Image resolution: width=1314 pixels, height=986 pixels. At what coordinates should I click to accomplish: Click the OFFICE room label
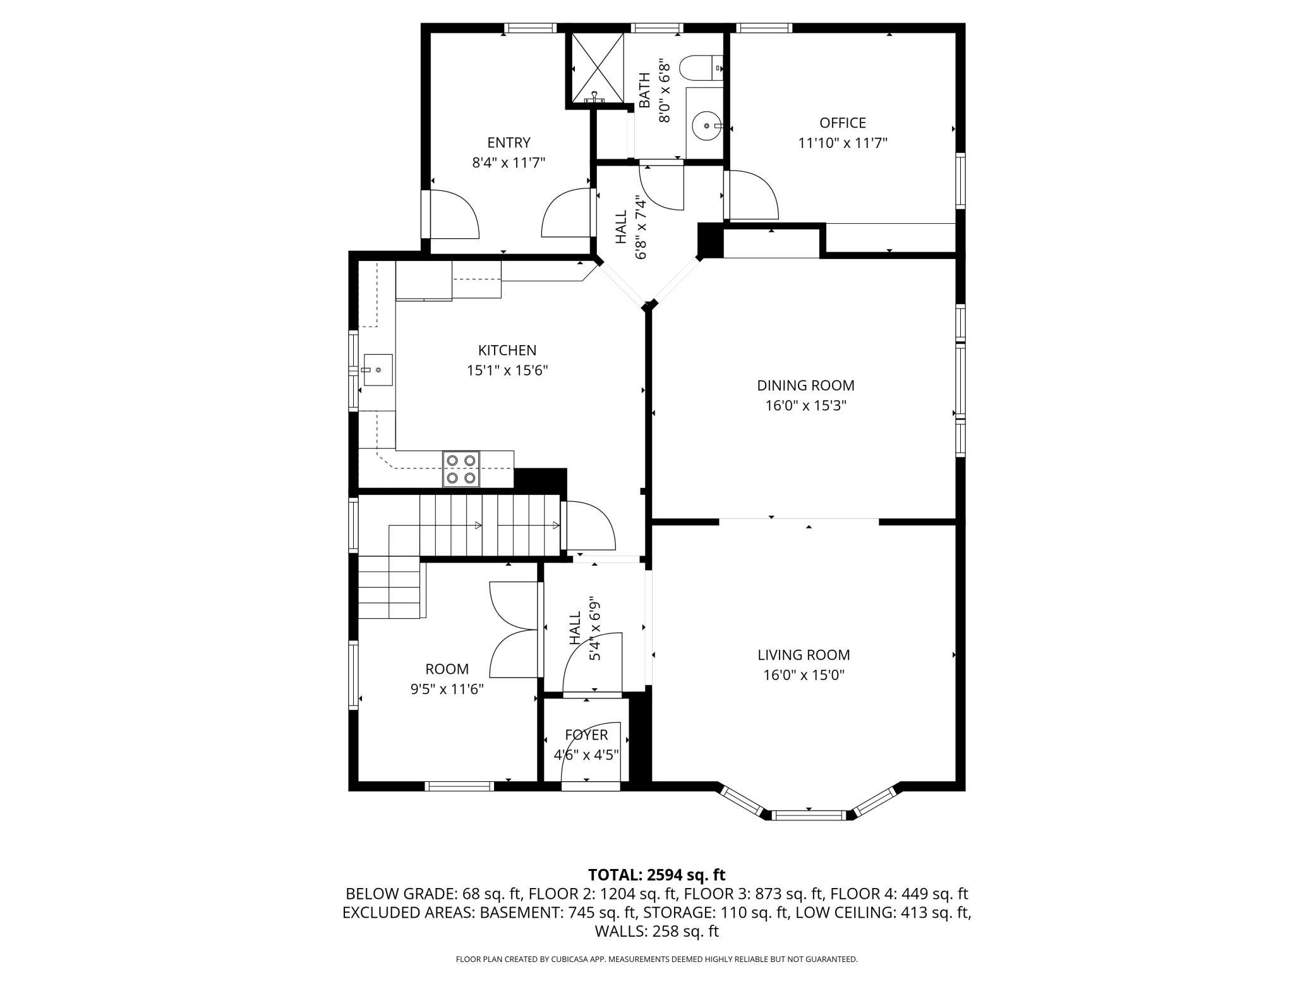842,123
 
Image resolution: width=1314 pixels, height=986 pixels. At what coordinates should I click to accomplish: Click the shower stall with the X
598,68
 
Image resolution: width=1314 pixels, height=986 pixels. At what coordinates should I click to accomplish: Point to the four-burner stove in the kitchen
461,468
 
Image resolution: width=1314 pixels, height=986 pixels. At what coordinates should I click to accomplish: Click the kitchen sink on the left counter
377,370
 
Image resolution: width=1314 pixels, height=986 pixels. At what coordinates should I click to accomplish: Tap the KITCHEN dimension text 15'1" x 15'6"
507,370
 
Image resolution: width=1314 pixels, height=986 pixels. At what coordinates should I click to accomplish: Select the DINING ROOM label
805,385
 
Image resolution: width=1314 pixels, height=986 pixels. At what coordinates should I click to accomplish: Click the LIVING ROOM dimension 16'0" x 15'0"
804,675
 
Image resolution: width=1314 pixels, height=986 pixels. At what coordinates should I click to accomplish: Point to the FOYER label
586,734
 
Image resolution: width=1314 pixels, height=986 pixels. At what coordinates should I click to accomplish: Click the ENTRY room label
509,142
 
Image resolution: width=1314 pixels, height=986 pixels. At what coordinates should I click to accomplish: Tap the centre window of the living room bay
809,815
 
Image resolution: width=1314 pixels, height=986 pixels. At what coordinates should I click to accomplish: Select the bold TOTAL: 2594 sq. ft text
657,875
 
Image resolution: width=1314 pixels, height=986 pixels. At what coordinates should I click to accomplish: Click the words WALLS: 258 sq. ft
657,931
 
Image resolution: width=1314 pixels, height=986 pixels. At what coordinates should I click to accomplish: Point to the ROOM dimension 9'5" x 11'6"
447,689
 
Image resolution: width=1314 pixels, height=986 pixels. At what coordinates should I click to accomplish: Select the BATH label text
644,90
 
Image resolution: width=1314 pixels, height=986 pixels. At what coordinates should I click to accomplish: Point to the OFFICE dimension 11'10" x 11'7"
843,143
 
